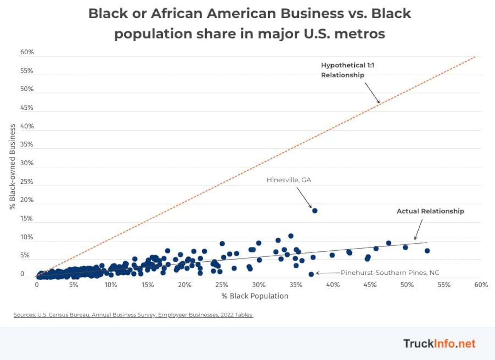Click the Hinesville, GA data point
point(315,210)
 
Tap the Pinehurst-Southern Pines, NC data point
point(311,274)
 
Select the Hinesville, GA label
point(289,180)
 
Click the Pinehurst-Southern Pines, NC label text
point(390,273)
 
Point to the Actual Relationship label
point(430,211)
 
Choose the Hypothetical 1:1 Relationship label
point(347,70)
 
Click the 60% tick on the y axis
point(27,52)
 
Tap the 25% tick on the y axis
point(27,182)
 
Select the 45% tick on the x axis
point(370,285)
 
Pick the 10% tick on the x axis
point(111,285)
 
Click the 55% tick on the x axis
point(444,285)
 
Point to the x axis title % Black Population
point(255,296)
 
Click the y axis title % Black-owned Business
point(12,166)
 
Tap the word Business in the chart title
point(312,13)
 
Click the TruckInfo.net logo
point(439,343)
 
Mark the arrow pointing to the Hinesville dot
point(304,197)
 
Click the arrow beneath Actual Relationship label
point(418,229)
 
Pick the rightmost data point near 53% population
point(427,251)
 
